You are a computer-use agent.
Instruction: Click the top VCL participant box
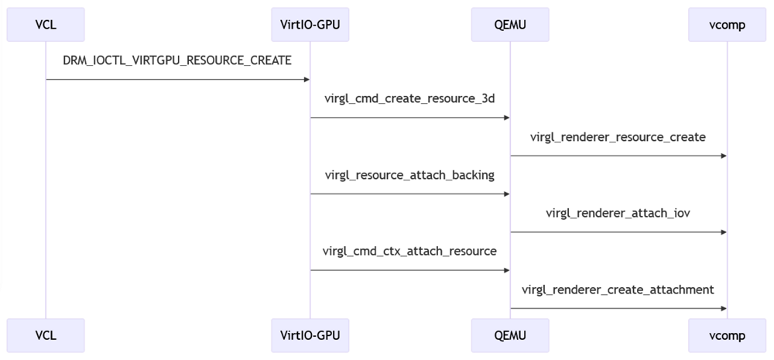click(x=46, y=25)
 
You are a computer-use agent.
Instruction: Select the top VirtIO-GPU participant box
click(x=310, y=25)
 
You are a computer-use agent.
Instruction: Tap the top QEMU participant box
click(x=510, y=25)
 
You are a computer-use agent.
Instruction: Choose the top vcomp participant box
click(x=727, y=25)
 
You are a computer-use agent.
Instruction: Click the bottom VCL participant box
click(x=46, y=335)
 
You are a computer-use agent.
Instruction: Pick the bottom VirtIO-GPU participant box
click(x=310, y=335)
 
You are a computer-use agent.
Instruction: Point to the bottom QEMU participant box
click(x=510, y=335)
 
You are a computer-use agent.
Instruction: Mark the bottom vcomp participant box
click(x=727, y=335)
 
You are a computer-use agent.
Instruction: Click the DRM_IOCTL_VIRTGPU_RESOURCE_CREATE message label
click(x=177, y=60)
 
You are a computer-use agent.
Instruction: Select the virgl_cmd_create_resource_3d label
click(x=410, y=98)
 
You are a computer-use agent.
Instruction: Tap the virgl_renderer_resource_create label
click(x=618, y=137)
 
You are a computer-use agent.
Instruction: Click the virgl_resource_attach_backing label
click(x=410, y=175)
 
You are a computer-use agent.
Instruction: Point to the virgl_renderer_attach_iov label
click(x=618, y=213)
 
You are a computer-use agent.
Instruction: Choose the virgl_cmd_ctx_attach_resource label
click(x=410, y=251)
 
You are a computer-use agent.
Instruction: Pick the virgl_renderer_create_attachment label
click(x=618, y=290)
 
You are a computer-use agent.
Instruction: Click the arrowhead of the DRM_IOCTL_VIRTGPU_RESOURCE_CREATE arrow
click(x=306, y=80)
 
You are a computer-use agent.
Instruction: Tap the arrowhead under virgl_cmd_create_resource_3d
click(x=505, y=118)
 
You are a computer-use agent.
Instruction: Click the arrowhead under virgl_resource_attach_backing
click(x=505, y=194)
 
